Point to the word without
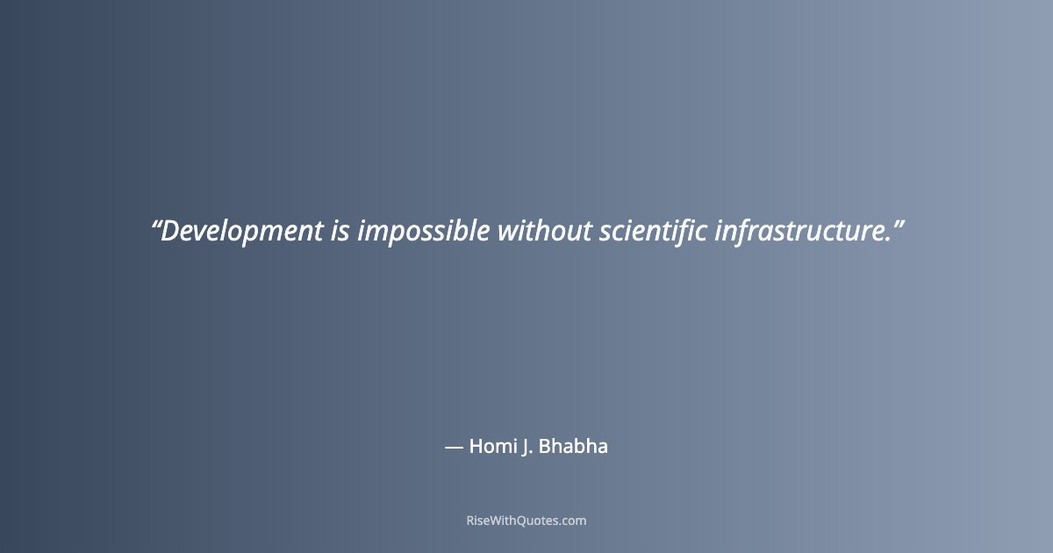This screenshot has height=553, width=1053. click(545, 232)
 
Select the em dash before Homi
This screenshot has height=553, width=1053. click(454, 447)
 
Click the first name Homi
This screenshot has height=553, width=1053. click(489, 446)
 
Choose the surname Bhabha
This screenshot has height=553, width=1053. click(573, 446)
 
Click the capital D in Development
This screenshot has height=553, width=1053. click(170, 232)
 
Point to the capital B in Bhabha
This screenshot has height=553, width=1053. click(543, 446)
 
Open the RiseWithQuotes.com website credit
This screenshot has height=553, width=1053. click(526, 521)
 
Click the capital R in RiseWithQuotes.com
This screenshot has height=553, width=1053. click(469, 521)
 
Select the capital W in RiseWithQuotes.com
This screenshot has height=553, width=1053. click(494, 521)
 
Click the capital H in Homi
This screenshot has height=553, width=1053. click(476, 446)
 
